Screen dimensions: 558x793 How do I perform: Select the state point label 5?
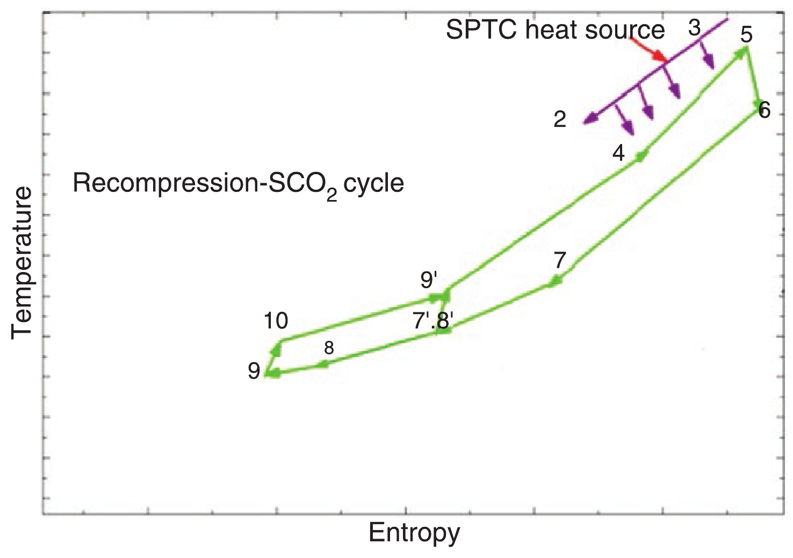(746, 34)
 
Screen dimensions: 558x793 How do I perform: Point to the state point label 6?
(764, 110)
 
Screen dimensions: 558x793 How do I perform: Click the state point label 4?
(618, 154)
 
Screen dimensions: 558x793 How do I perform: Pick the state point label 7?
(560, 261)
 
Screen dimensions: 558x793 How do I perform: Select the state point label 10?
(276, 321)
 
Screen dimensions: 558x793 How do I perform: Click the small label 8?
(329, 348)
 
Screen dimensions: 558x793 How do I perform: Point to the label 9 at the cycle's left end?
(254, 371)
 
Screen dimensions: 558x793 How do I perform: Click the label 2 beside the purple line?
(560, 120)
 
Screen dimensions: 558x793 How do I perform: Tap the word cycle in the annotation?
(374, 184)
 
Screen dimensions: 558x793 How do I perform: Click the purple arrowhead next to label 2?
(589, 119)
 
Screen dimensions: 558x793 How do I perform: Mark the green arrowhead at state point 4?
(641, 156)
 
